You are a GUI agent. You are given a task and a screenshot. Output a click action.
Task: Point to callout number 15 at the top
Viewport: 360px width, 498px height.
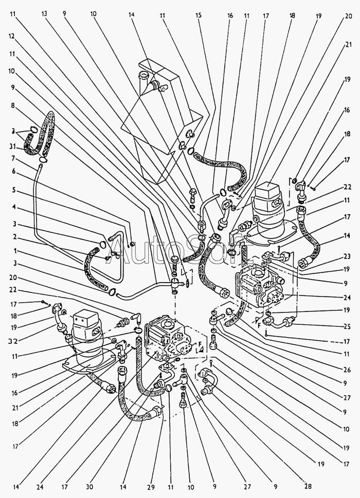(x=197, y=16)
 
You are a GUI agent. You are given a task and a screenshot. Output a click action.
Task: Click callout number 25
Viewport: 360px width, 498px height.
(x=347, y=326)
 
